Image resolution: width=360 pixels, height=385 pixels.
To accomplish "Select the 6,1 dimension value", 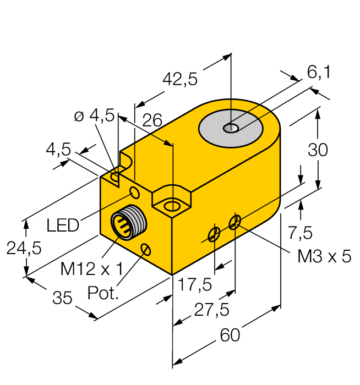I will click(319, 72).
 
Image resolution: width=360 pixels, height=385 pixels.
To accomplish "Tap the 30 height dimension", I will click(318, 150).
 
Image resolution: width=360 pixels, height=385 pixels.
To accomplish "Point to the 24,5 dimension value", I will click(24, 249).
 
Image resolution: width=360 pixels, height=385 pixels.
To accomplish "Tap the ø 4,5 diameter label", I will click(94, 116).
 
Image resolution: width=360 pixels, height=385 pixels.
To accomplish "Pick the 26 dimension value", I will click(152, 121).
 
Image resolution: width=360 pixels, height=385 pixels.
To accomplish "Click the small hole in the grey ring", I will click(231, 128).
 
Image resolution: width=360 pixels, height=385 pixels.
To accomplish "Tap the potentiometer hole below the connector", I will click(146, 250).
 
